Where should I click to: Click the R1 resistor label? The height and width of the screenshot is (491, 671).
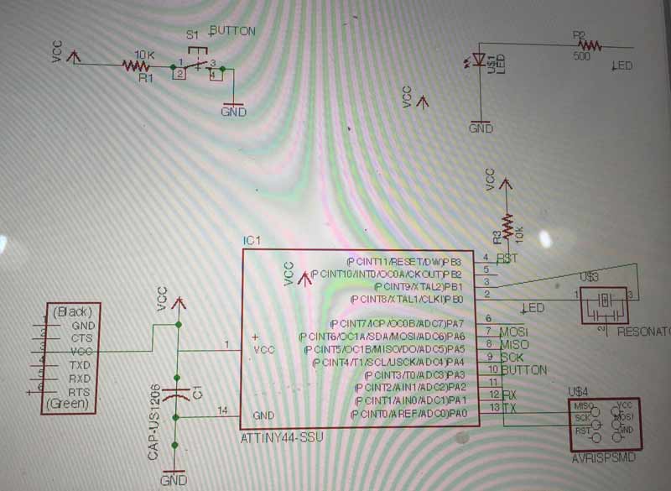click(146, 78)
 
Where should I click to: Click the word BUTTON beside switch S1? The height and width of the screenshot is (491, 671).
click(233, 30)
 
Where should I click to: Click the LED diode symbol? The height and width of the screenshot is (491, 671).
click(481, 60)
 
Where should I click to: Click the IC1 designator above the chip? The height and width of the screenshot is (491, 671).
click(252, 241)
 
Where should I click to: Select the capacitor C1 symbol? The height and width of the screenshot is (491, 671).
click(176, 394)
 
